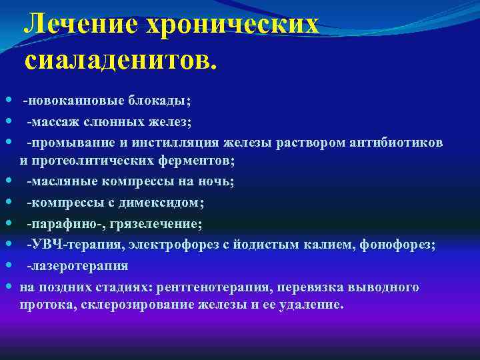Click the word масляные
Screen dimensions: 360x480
tap(59, 181)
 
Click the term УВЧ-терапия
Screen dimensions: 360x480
tap(65, 245)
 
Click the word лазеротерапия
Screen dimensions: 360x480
tap(77, 266)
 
